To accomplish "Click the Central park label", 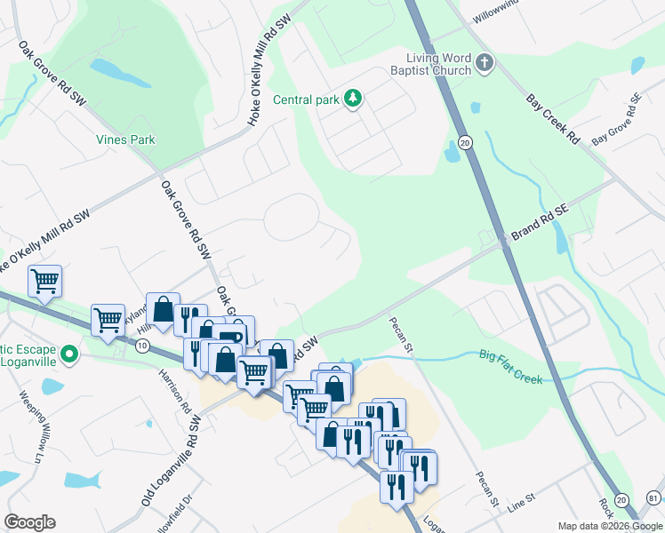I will (x=306, y=99).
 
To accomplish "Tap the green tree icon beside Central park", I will (x=353, y=98).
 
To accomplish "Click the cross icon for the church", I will (x=484, y=62).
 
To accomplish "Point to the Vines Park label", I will (x=125, y=139).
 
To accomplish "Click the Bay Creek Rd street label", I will (x=552, y=120).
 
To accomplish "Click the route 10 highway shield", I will (x=142, y=346).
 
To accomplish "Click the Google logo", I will (x=29, y=522).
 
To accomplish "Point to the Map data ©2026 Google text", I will (x=610, y=526).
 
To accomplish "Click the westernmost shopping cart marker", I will (x=44, y=282).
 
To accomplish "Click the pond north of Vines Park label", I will (x=106, y=68).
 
